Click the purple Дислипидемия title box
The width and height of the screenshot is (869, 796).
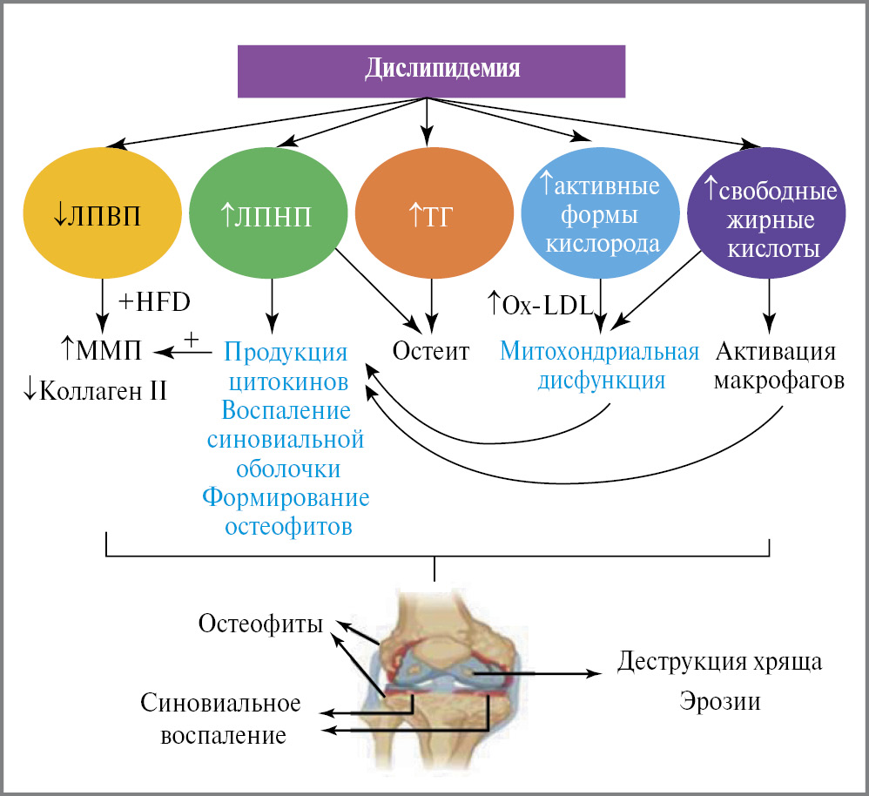432,69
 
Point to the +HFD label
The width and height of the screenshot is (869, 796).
154,301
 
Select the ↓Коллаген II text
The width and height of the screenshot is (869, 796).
97,389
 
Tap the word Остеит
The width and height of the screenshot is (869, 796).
431,351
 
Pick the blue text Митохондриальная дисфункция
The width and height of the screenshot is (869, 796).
601,366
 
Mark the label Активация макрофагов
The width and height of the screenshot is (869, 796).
778,366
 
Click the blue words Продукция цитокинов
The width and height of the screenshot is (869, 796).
286,368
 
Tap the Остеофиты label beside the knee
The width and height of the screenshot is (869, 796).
260,624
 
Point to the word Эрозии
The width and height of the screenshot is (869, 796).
719,701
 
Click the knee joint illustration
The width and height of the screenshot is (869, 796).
435,679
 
